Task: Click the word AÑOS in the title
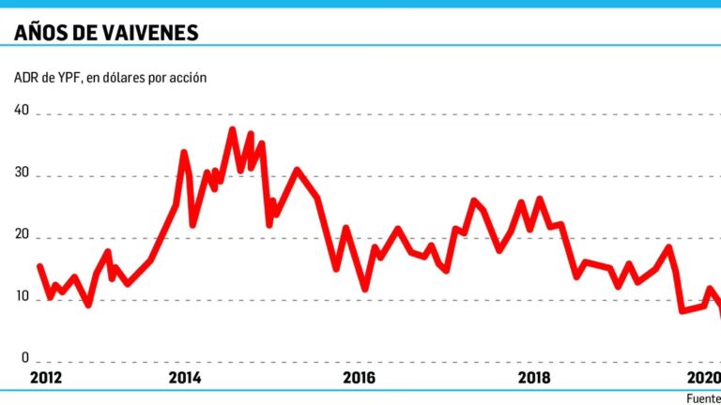[x=43, y=33]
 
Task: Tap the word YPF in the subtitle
[x=69, y=78]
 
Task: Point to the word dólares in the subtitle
[x=122, y=78]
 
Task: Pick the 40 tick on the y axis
[x=22, y=112]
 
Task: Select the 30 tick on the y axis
[x=22, y=174]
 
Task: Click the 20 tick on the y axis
[x=22, y=237]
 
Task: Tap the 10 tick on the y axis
[x=22, y=300]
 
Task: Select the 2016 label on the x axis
[x=360, y=378]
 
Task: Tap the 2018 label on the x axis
[x=534, y=378]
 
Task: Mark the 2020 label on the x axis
[x=704, y=378]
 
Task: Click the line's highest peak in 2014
[x=232, y=129]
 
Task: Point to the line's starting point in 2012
[x=39, y=266]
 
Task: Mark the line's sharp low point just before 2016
[x=365, y=288]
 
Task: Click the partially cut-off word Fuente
[x=703, y=397]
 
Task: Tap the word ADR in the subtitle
[x=25, y=78]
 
